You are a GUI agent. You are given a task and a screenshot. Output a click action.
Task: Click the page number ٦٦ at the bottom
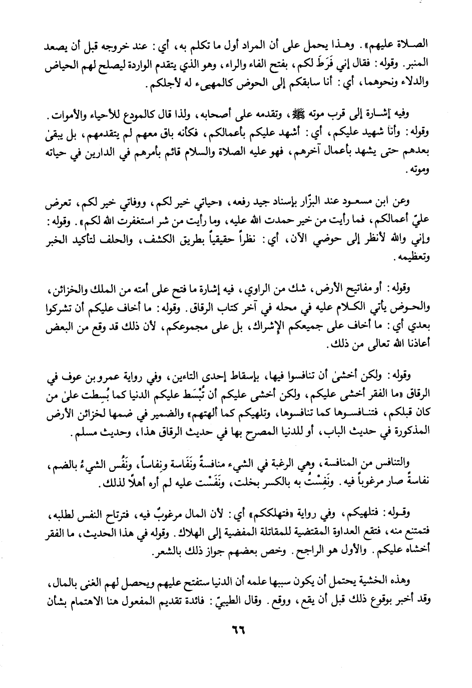point(235,628)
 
